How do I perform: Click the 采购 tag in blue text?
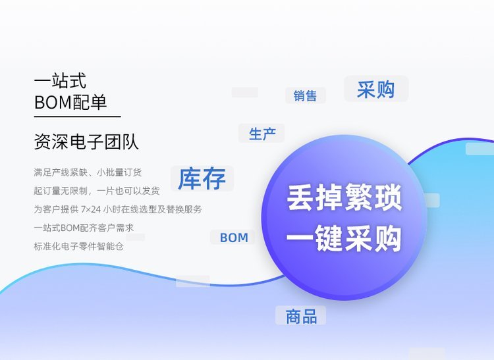[375, 90]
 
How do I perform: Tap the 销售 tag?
[305, 95]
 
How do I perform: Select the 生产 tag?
[262, 134]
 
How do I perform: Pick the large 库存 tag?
[202, 178]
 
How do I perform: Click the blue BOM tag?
[234, 238]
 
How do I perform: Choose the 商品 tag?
[301, 317]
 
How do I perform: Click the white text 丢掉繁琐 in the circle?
[344, 197]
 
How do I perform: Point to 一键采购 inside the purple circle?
[344, 238]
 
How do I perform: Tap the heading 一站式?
[60, 80]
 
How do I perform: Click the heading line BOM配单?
[70, 102]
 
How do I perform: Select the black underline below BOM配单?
[78, 116]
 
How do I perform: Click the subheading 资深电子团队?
[86, 141]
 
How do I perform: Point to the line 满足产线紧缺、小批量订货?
[88, 172]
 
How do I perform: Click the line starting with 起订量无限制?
[97, 191]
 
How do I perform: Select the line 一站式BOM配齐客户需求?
[84, 228]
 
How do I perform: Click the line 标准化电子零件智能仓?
[78, 246]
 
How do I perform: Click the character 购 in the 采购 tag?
[385, 90]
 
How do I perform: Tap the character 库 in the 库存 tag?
[190, 178]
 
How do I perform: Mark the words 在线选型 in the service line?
[138, 209]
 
